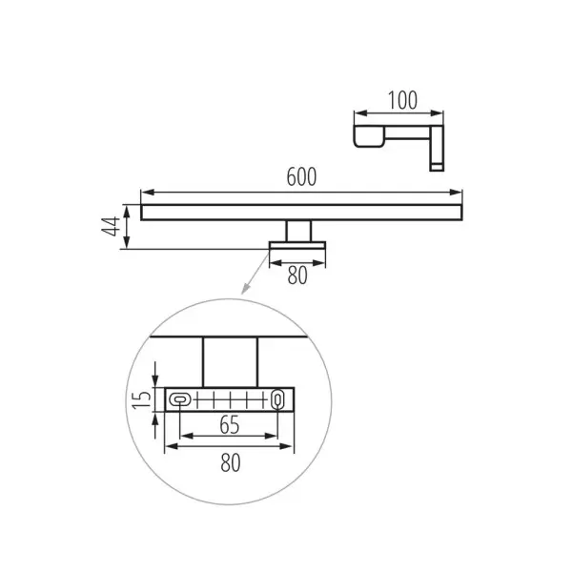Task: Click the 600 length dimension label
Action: pyautogui.click(x=301, y=177)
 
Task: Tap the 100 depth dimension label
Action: pyautogui.click(x=402, y=100)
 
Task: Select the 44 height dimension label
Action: pyautogui.click(x=111, y=226)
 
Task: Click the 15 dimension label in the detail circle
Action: pyautogui.click(x=142, y=399)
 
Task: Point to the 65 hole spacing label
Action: pyautogui.click(x=230, y=424)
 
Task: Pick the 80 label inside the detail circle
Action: pyautogui.click(x=231, y=462)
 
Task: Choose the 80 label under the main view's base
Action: pyautogui.click(x=297, y=276)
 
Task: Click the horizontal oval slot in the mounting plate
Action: pyautogui.click(x=180, y=399)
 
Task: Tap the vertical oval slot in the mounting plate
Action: pyautogui.click(x=277, y=399)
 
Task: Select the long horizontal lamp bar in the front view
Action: pyautogui.click(x=301, y=213)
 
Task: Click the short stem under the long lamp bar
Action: pyautogui.click(x=298, y=231)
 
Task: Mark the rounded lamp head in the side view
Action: pyautogui.click(x=369, y=136)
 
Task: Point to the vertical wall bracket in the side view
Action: pyautogui.click(x=437, y=148)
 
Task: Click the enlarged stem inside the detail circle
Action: pyautogui.click(x=230, y=362)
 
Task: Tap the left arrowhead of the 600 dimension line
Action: pyautogui.click(x=147, y=193)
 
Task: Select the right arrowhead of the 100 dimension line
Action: pyautogui.click(x=437, y=113)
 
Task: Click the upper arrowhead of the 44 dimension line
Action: pyautogui.click(x=127, y=211)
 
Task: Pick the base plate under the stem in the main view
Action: pyautogui.click(x=297, y=245)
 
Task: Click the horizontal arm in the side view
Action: pyautogui.click(x=407, y=133)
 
